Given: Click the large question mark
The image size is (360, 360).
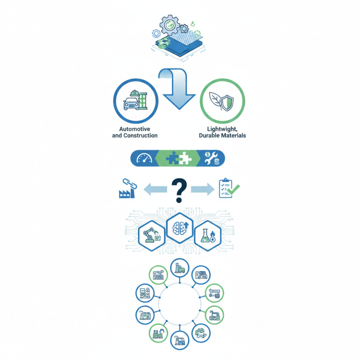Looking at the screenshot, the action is click(x=179, y=190).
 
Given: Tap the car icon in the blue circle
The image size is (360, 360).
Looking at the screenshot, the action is click(x=131, y=103).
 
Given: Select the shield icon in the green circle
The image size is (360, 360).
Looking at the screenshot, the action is click(x=227, y=103).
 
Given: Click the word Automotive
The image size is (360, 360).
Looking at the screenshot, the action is click(x=135, y=129).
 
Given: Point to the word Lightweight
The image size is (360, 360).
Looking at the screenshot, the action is click(x=222, y=129).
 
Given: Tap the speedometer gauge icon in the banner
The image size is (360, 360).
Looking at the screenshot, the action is click(x=144, y=158).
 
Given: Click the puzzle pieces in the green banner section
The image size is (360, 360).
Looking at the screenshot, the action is click(x=179, y=158).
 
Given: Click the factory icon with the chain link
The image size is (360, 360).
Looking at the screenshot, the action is click(x=127, y=188).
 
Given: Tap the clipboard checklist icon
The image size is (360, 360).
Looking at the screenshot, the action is click(x=229, y=188).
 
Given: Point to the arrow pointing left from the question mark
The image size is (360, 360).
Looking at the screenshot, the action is click(x=155, y=189).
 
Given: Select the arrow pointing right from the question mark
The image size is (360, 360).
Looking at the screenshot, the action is click(x=202, y=189).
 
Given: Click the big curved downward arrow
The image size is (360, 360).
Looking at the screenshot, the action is click(x=177, y=89).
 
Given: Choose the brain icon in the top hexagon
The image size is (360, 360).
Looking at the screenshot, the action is click(x=180, y=228).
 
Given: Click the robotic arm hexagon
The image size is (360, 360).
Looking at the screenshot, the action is click(x=152, y=236).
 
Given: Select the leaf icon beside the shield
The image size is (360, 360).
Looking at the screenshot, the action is click(x=215, y=100).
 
